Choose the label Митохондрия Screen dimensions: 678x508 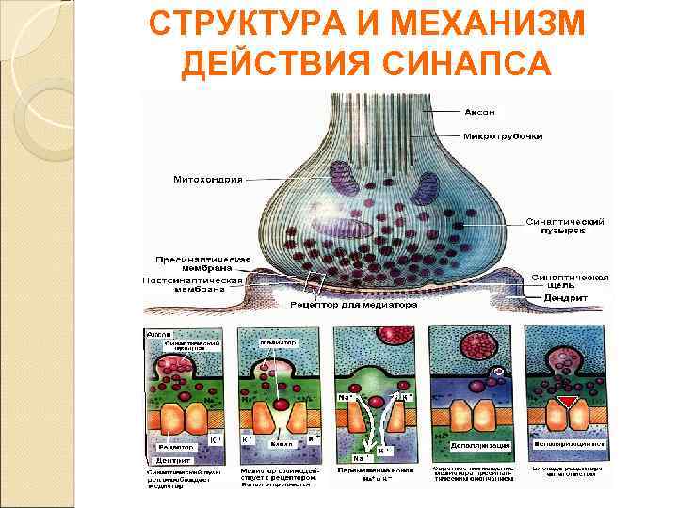click(x=208, y=179)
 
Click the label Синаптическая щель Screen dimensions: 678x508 click(x=569, y=281)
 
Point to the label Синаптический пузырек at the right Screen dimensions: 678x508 click(x=565, y=225)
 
